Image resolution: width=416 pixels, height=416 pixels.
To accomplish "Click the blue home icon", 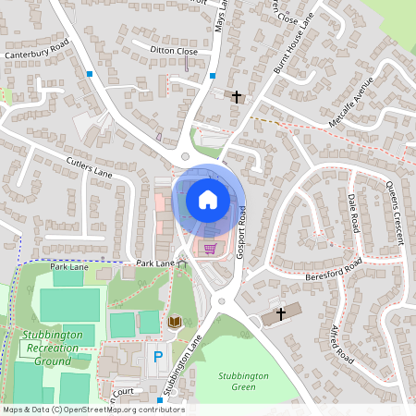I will pos(208,199).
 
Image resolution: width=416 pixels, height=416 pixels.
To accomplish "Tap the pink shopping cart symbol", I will pos(210,247).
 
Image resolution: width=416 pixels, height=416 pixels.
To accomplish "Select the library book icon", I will pos(174,322).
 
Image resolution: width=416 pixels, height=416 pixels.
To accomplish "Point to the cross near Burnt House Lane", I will pos(236,96).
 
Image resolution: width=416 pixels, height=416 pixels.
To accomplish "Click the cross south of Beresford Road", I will pos(281,315).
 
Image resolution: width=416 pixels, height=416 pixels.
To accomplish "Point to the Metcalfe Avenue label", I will pos(356,109).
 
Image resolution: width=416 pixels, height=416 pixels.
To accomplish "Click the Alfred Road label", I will pos(342,342).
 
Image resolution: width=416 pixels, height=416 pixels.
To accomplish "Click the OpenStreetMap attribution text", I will pos(93,410).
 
